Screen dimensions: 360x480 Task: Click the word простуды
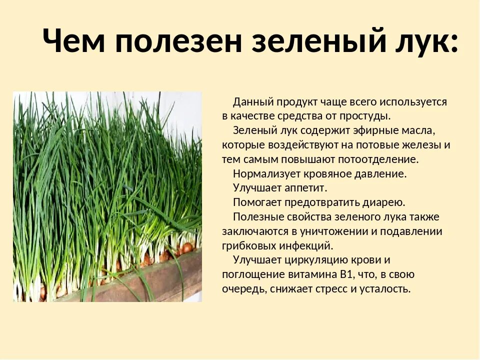pyautogui.click(x=365, y=116)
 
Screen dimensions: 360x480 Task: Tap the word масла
pyautogui.click(x=419, y=131)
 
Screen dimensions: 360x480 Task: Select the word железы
pyautogui.click(x=422, y=145)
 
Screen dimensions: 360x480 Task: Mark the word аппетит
pyautogui.click(x=306, y=188)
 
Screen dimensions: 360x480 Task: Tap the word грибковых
pyautogui.click(x=246, y=246)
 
